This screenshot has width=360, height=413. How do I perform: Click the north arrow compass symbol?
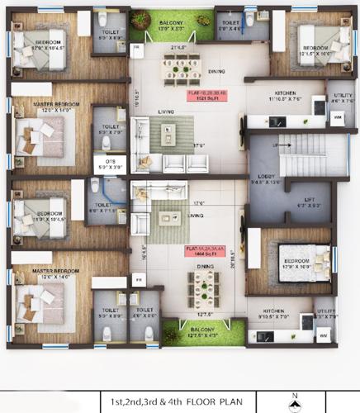pyautogui.click(x=293, y=402)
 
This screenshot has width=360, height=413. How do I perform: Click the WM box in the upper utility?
pyautogui.click(x=338, y=117)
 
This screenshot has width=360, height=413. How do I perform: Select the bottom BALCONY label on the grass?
pyautogui.click(x=202, y=332)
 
